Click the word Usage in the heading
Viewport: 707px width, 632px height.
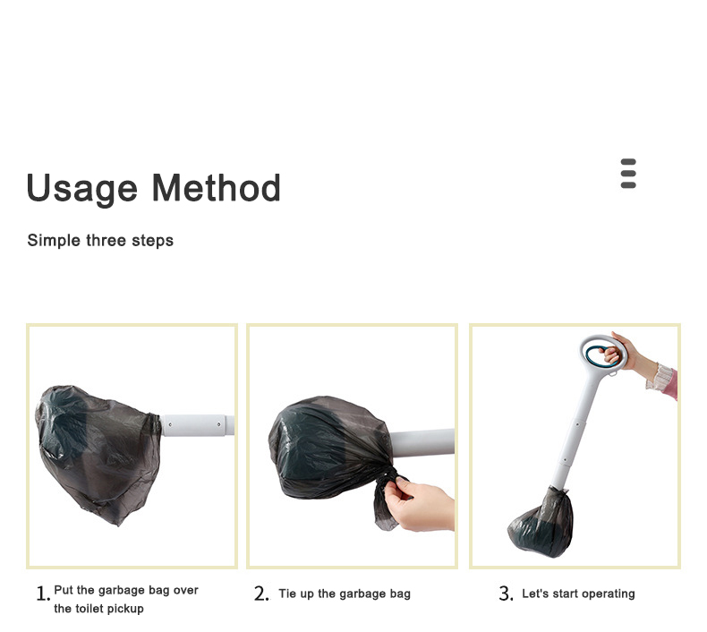(x=81, y=189)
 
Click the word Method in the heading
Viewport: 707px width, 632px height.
(x=217, y=187)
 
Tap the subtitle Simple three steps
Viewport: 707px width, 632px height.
(x=100, y=241)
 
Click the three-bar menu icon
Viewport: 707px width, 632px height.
(x=628, y=174)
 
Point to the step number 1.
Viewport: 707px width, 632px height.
(x=43, y=594)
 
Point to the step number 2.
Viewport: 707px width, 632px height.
(x=261, y=594)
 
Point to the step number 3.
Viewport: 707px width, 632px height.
(x=506, y=594)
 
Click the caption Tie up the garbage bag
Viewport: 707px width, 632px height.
(x=345, y=594)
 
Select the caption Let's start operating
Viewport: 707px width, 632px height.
(x=578, y=594)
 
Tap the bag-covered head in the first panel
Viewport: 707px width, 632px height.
(x=98, y=453)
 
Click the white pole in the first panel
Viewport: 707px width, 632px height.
(x=198, y=425)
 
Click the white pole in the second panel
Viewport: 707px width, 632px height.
(x=422, y=443)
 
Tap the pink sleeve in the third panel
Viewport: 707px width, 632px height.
(x=669, y=383)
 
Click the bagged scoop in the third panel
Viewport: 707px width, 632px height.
(x=541, y=525)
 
